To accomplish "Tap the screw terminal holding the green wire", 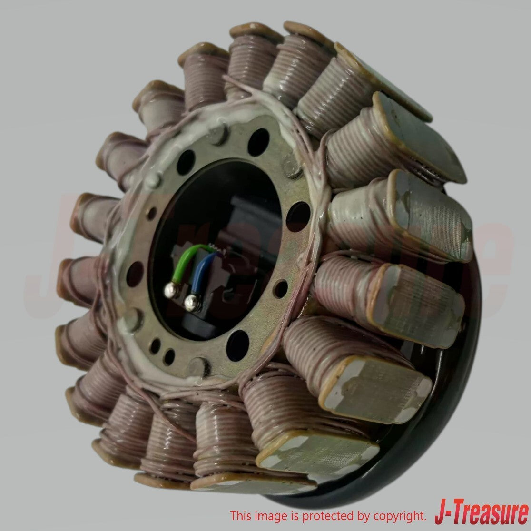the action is [171, 290].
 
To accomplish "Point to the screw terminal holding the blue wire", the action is [192, 303].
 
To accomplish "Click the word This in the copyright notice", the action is [241, 516].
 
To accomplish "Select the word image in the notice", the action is [270, 517].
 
